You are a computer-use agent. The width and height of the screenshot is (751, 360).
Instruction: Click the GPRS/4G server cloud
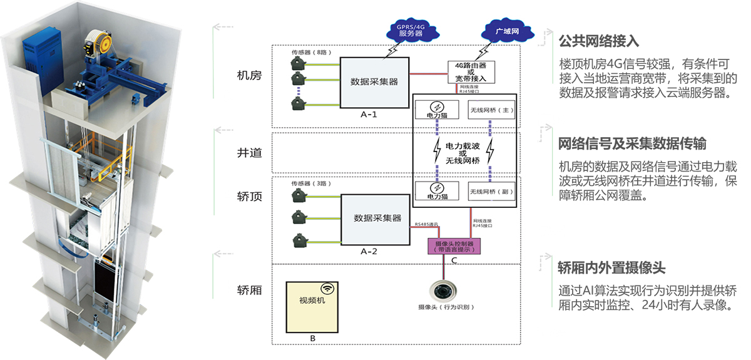[x=411, y=29]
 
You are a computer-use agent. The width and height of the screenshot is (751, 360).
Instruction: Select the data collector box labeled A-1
[x=375, y=82]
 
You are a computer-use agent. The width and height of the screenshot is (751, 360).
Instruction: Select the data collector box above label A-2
[x=377, y=219]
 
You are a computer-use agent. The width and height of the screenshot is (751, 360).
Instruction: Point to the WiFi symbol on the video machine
[x=327, y=289]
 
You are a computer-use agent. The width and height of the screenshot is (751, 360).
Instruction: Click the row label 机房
[x=248, y=76]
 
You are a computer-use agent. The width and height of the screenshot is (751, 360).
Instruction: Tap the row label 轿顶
[x=248, y=195]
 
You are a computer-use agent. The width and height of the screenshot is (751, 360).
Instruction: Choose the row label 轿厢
[x=248, y=291]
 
